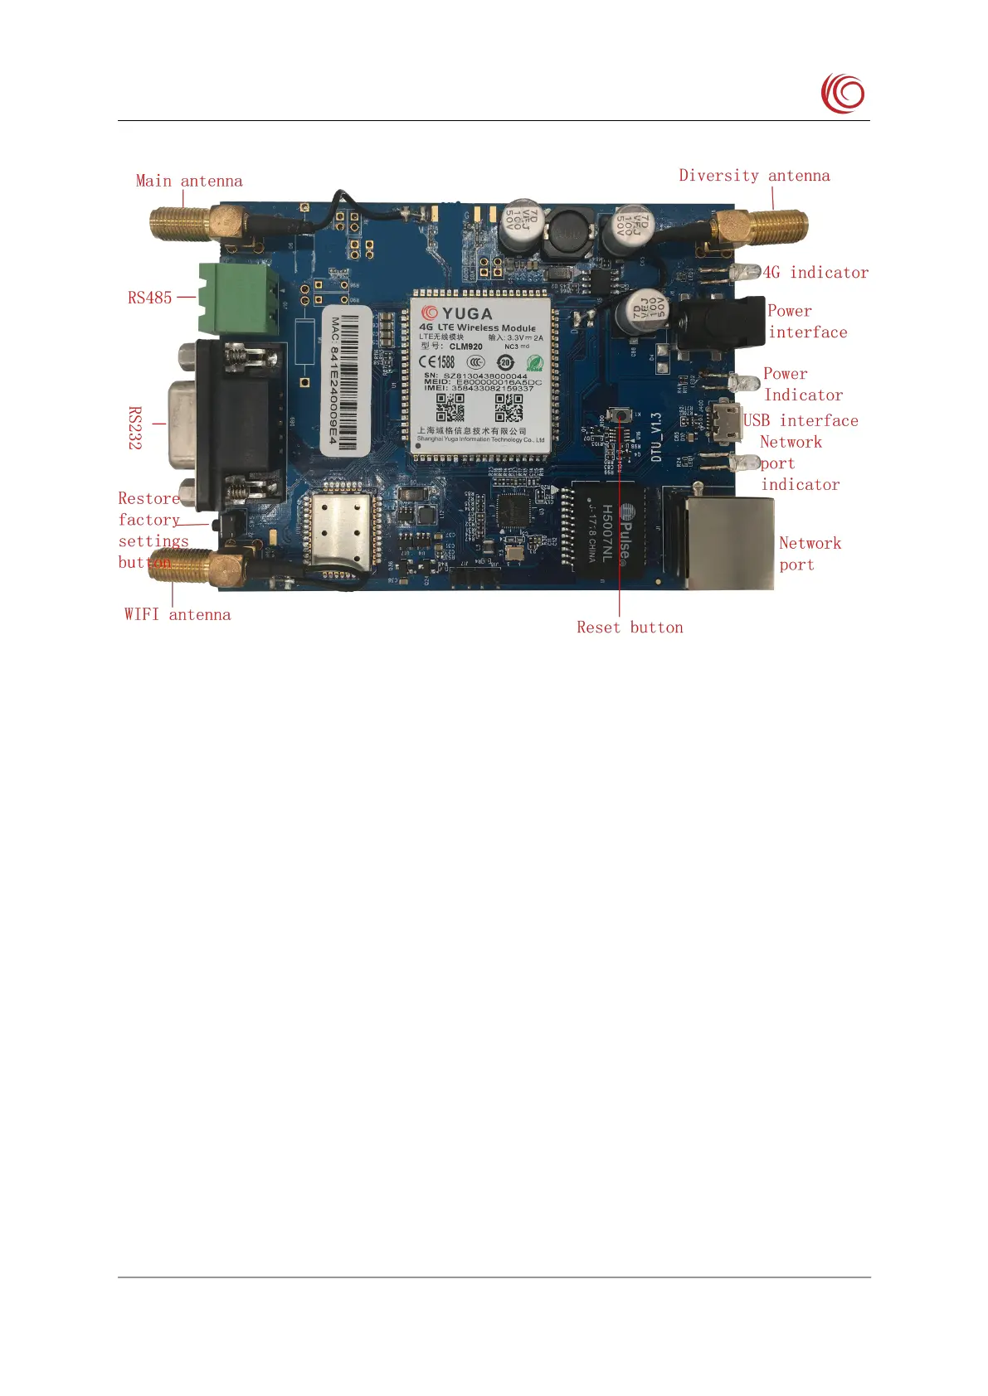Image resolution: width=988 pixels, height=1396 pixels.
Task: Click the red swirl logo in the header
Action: pyautogui.click(x=843, y=93)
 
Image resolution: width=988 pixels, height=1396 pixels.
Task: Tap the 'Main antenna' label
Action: pyautogui.click(x=189, y=181)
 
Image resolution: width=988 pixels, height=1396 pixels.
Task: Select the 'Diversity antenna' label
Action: pyautogui.click(x=754, y=176)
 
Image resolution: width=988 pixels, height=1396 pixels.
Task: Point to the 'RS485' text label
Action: pyautogui.click(x=149, y=298)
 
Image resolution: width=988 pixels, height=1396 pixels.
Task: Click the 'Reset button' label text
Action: pyautogui.click(x=630, y=628)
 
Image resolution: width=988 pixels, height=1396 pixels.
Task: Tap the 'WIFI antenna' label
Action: pyautogui.click(x=178, y=614)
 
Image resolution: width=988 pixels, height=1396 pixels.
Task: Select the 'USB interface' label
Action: pyautogui.click(x=801, y=420)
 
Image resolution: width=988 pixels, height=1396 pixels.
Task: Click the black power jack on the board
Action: pyautogui.click(x=720, y=323)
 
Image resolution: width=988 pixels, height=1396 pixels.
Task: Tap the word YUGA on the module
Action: pyautogui.click(x=467, y=313)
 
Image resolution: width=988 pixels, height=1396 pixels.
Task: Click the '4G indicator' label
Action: pyautogui.click(x=815, y=273)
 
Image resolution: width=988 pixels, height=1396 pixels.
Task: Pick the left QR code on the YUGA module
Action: pyautogui.click(x=450, y=407)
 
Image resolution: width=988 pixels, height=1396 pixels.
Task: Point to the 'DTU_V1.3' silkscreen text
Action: pyautogui.click(x=656, y=437)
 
